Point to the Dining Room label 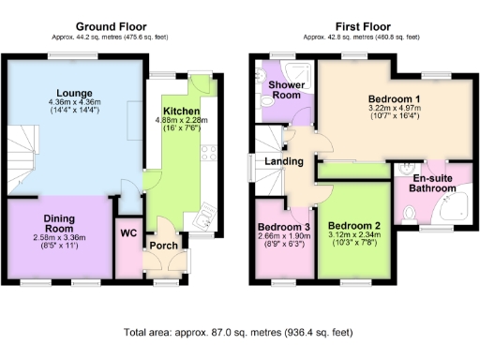58,224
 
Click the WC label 127,232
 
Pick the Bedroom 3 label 283,227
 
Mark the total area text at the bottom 239,332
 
